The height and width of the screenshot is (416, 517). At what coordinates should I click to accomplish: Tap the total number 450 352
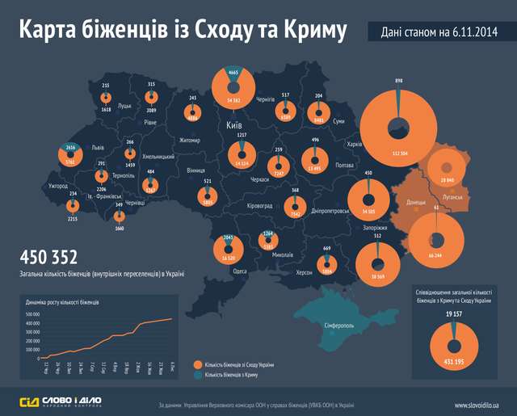tap(48, 258)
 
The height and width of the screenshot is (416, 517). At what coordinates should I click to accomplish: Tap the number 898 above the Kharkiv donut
tap(398, 82)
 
